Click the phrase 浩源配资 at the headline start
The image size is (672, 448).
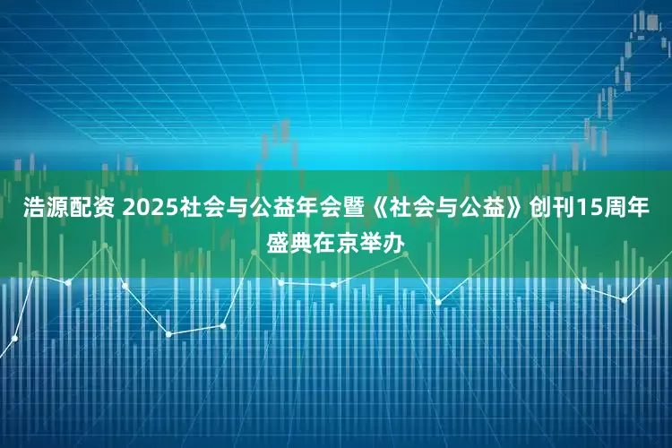tap(66, 209)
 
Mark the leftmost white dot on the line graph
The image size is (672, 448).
tap(15, 339)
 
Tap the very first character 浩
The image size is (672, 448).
tap(33, 209)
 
